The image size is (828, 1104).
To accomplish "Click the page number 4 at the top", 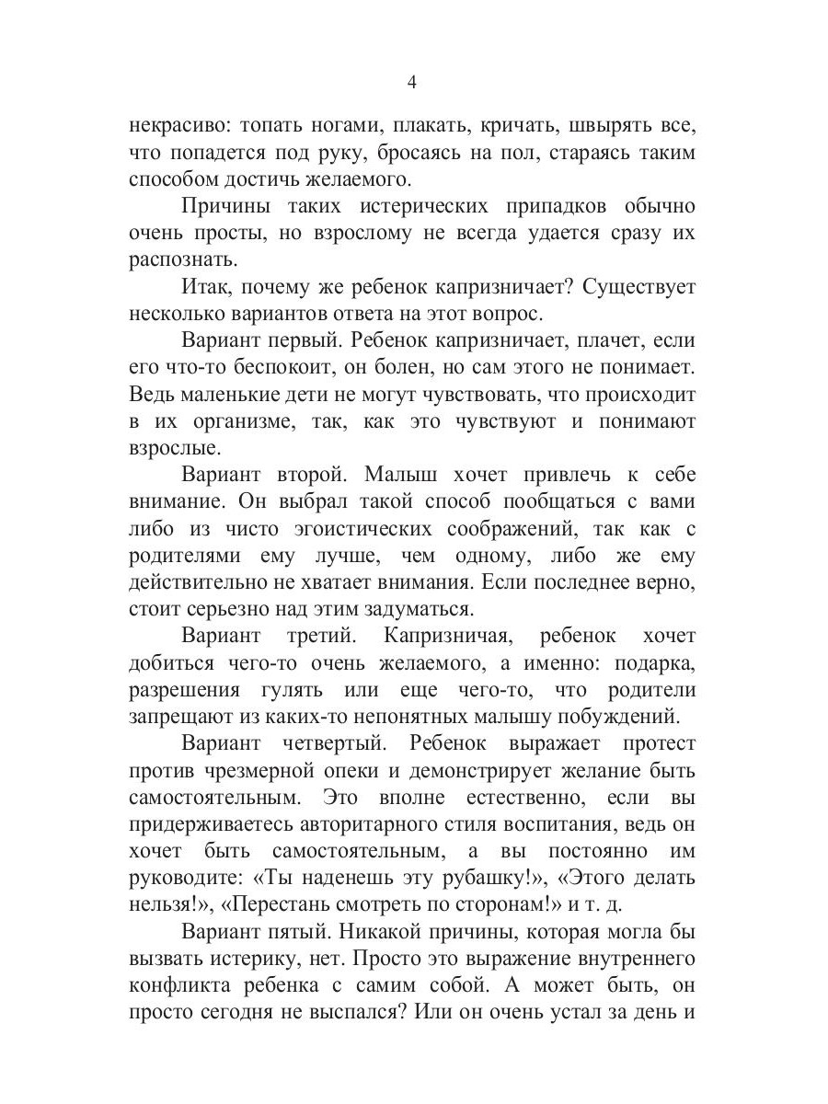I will tap(412, 83).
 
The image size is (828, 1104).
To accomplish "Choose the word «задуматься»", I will tap(427, 609).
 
